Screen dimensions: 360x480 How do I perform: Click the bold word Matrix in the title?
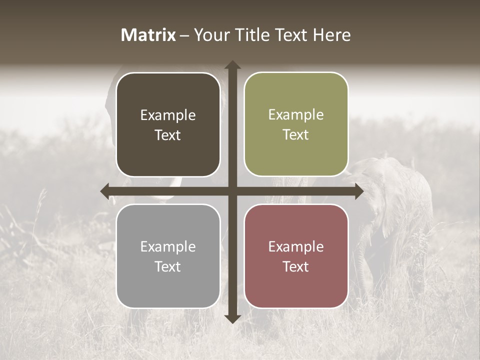[x=148, y=35]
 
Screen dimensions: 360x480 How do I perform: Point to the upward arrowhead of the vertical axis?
[x=232, y=65]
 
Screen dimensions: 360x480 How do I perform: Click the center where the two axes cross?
[x=232, y=191]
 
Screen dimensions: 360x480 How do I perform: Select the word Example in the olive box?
[x=296, y=115]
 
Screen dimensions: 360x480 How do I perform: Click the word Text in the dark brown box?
[x=168, y=135]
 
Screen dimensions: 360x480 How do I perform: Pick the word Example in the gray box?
[x=168, y=247]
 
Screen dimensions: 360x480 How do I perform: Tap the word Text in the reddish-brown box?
[x=296, y=267]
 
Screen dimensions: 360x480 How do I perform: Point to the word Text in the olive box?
[x=296, y=135]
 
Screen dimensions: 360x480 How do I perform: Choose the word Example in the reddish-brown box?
[x=296, y=247]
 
